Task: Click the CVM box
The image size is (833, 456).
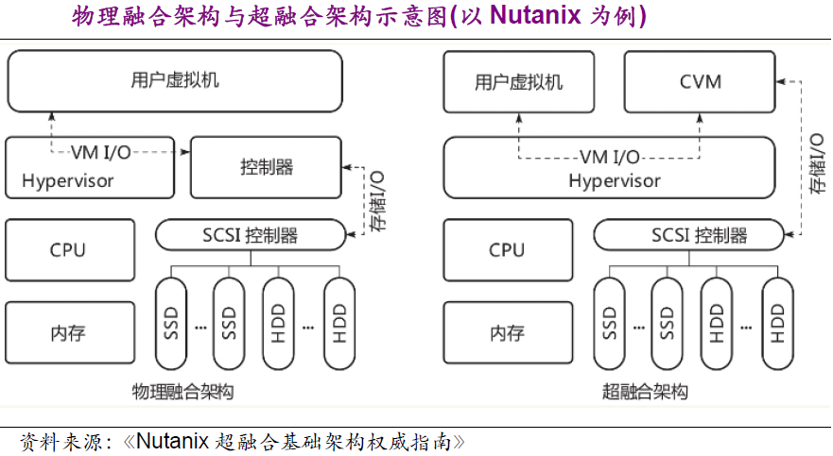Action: point(701,81)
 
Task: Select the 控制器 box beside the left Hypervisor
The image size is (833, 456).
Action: point(266,167)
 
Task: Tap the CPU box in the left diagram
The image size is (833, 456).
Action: point(67,250)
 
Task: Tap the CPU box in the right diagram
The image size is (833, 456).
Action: point(506,250)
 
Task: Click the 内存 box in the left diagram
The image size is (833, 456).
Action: point(67,332)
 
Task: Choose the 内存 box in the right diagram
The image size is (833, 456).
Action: point(506,332)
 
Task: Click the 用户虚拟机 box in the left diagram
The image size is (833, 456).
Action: point(175,80)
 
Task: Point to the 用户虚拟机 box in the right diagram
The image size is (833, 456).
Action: point(518,81)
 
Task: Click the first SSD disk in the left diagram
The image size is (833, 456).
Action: point(171,324)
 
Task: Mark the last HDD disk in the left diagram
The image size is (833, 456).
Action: point(340,324)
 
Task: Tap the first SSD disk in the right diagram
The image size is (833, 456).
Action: point(610,324)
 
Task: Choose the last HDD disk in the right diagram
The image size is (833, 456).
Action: point(778,324)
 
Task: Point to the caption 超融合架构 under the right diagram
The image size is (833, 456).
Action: point(645,391)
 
